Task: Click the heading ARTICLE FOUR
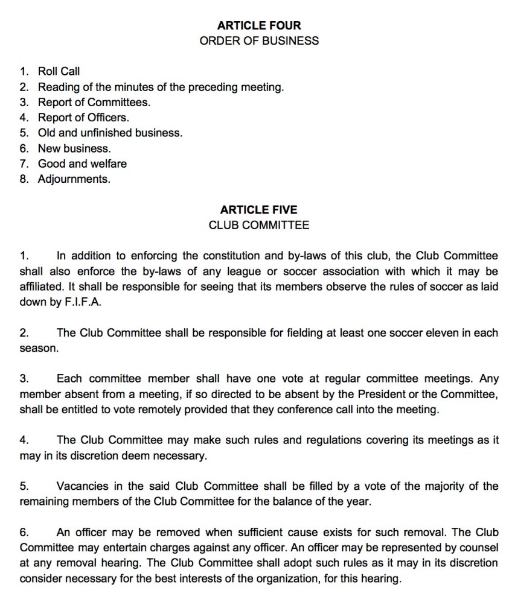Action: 258,25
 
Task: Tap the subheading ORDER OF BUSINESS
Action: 258,41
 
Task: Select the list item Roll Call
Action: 59,72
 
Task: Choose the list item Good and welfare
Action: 82,163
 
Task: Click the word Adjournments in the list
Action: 74,179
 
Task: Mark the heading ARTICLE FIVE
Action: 258,210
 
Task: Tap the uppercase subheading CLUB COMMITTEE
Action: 258,226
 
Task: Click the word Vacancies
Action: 80,487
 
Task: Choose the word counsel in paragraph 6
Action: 481,548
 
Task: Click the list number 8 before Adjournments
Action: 24,179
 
